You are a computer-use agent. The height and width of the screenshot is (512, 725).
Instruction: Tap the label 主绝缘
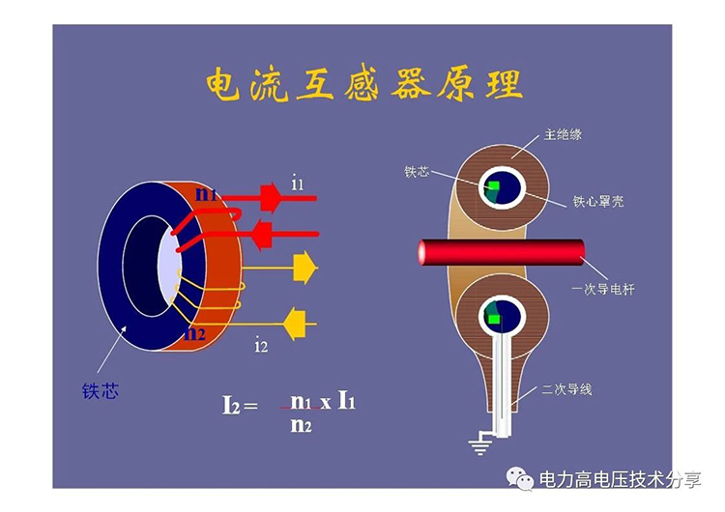[x=563, y=134]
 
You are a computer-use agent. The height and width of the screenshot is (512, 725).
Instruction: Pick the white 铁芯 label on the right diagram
[x=417, y=172]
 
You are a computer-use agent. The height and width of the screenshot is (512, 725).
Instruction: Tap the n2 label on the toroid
[x=195, y=334]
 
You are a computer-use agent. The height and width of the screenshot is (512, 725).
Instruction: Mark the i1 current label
[x=298, y=182]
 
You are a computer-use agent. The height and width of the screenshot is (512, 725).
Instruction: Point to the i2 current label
[x=261, y=345]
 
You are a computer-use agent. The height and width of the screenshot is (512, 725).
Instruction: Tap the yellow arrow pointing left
[x=294, y=316]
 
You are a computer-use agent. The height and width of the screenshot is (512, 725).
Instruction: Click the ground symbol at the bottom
[x=479, y=443]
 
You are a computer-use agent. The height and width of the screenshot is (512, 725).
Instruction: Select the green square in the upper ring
[x=493, y=185]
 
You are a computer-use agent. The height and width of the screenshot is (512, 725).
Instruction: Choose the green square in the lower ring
[x=495, y=318]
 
